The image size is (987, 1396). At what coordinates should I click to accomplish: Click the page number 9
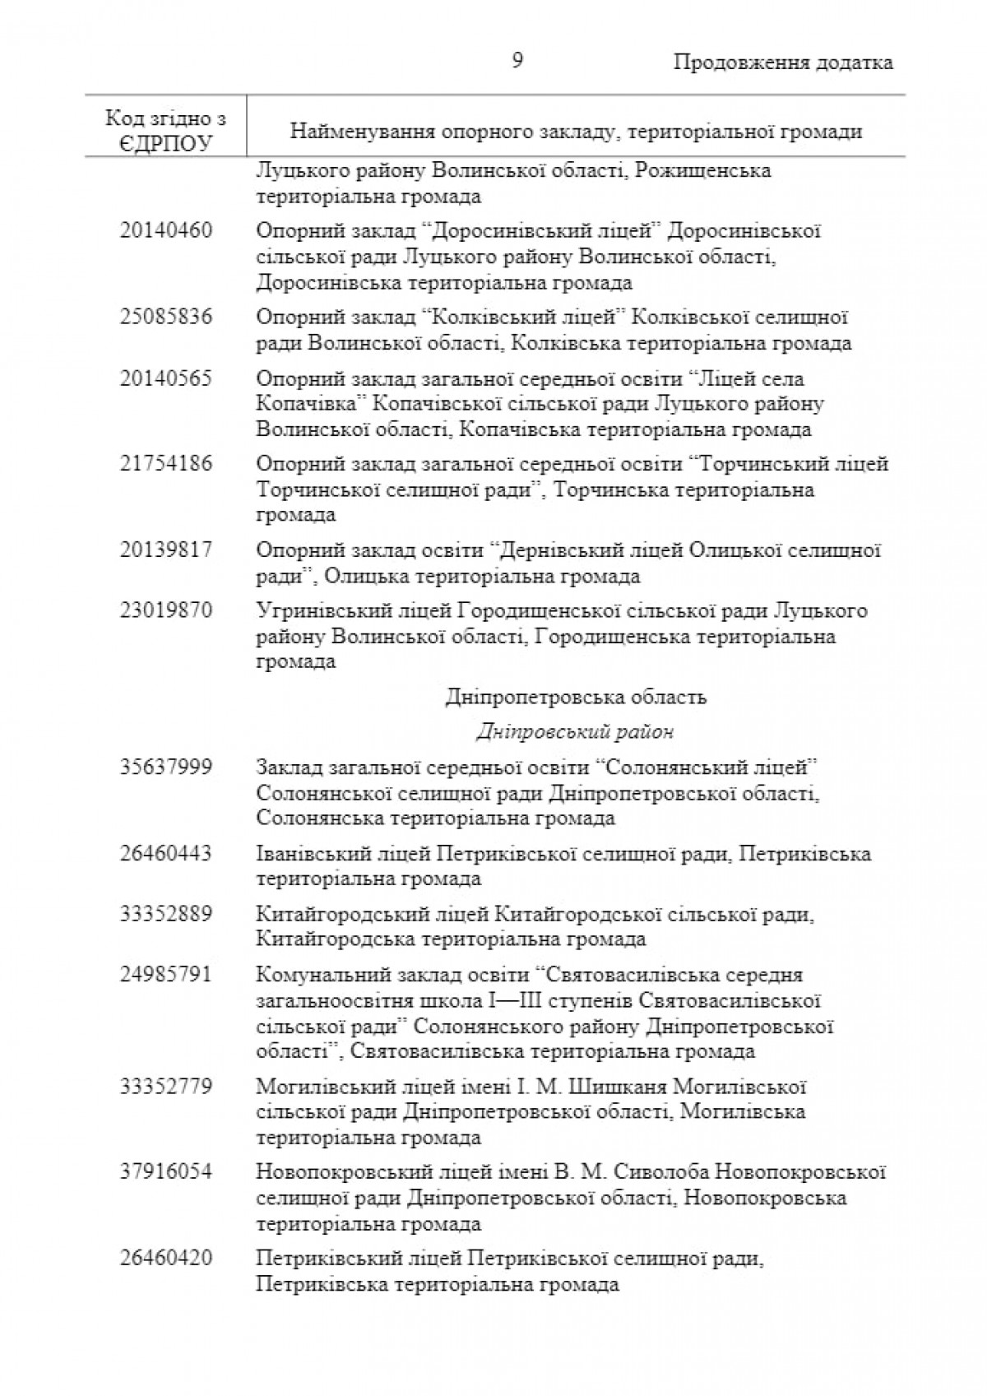517,62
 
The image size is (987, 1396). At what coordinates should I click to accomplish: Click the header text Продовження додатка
783,63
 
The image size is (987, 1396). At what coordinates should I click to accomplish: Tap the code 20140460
165,230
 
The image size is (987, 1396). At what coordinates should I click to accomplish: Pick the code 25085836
165,317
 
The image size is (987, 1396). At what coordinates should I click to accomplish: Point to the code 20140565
165,378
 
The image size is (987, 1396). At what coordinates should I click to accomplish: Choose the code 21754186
165,464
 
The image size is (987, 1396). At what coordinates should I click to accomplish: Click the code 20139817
165,550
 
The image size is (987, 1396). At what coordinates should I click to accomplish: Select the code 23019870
165,610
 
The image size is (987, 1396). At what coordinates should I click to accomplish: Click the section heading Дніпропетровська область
576,698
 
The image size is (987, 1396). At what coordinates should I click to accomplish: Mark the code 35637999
165,768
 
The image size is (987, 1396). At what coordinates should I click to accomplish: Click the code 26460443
165,853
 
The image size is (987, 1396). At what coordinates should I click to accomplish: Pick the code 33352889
165,914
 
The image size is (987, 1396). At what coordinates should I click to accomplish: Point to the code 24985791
165,975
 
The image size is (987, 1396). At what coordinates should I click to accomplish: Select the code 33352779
165,1087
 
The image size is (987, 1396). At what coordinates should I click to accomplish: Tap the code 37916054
165,1171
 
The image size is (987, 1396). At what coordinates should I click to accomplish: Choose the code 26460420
165,1258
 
